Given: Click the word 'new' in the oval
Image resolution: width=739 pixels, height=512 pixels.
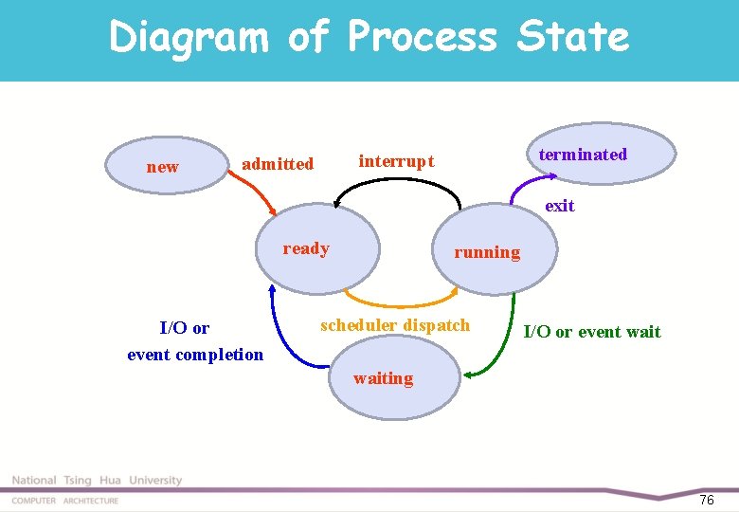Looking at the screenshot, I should tap(162, 167).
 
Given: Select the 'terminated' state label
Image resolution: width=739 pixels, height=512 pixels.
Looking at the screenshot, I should tap(583, 155).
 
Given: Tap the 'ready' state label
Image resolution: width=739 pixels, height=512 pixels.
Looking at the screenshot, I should tap(306, 248).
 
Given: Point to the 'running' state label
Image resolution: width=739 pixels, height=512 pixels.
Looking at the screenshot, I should tap(487, 252).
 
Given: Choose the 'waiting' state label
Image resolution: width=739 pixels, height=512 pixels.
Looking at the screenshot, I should tap(383, 378).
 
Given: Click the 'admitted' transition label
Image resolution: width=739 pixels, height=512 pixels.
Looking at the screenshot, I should tap(278, 164).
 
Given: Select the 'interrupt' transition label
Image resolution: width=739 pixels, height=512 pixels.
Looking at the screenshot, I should tap(396, 161).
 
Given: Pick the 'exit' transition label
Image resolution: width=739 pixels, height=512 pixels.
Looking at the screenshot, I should tap(559, 206).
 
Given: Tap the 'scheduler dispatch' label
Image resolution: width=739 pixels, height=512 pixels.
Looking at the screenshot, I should tap(395, 325).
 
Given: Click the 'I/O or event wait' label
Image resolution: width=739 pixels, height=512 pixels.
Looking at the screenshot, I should tap(592, 332).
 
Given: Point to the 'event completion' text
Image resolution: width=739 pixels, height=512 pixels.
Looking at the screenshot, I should tap(195, 355).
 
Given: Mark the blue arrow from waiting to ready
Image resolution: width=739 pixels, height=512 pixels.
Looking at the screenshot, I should tap(280, 337).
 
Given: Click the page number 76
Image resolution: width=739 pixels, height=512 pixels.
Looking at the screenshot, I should tap(706, 500).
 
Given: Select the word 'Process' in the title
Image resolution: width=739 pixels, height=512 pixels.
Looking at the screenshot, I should tap(422, 38).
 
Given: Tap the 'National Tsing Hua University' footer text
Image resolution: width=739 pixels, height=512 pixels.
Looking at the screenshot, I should tap(97, 481).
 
